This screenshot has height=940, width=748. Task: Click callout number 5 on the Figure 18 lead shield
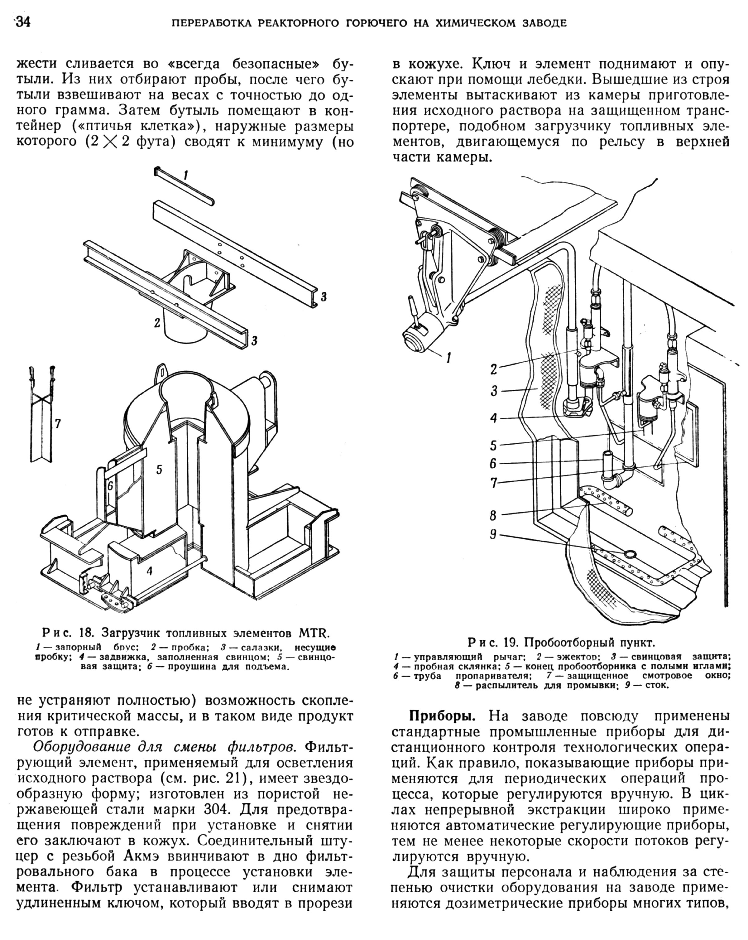(159, 469)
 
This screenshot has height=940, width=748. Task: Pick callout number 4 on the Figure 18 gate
(150, 571)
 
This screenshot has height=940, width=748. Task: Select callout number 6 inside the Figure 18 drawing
(110, 485)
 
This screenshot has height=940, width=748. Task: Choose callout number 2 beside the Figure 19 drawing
(493, 369)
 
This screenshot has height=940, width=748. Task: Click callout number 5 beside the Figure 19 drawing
(493, 445)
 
